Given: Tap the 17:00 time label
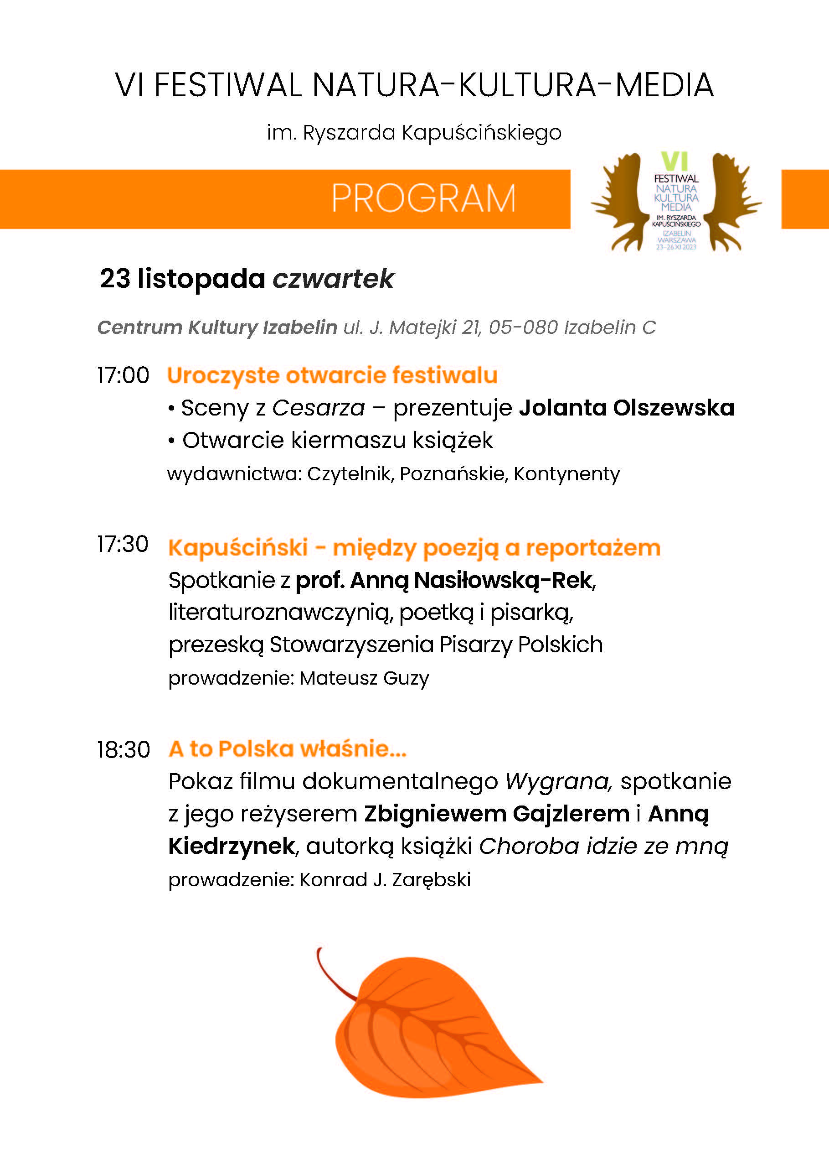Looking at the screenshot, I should pos(123,375).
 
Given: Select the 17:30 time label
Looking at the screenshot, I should pos(123,545).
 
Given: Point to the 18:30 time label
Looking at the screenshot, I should pos(124,750).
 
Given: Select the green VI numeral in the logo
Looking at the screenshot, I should pos(675,161).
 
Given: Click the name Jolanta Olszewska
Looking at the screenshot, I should pos(626,408).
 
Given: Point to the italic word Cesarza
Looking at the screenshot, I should pos(319,408).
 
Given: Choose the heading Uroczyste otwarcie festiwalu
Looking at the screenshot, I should pos(332,375).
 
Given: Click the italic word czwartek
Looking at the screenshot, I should pos(333,279).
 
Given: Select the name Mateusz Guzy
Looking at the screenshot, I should pos(364,678).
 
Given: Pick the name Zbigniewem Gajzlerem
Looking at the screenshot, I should pos(497,814).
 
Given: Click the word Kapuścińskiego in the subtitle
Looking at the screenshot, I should pos(481,133).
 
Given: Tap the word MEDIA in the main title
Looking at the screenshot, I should pos(664,85).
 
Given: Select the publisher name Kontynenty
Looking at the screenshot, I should pos(566,474).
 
